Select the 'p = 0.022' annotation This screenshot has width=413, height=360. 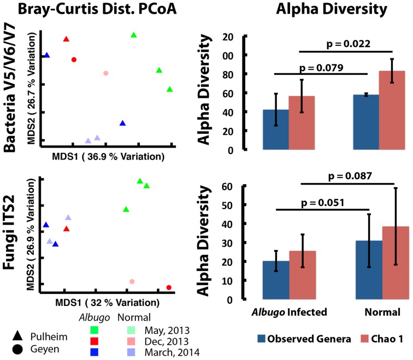point(348,44)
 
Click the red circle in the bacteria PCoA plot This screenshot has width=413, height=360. point(74,60)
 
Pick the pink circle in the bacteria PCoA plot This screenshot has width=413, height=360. point(106,73)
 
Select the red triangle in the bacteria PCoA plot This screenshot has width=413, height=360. point(66,39)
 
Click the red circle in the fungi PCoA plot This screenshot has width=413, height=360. point(169,287)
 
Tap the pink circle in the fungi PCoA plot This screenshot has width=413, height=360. point(132,281)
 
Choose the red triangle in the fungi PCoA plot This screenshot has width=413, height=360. point(66,229)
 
